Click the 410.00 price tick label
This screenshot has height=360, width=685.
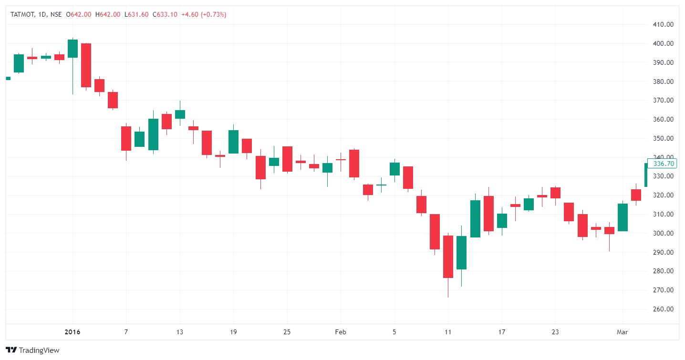pos(664,24)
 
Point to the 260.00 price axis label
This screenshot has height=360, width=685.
pos(664,309)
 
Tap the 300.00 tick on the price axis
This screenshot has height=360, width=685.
pos(664,233)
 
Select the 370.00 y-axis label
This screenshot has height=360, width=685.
pos(664,100)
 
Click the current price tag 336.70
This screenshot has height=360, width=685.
pos(663,164)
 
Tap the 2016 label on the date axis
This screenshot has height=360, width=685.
pos(73,332)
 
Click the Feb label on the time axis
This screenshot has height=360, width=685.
pos(341,332)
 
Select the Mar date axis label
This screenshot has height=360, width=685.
pos(623,332)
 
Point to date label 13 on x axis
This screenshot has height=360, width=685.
pos(180,332)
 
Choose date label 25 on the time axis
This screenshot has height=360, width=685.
pos(287,332)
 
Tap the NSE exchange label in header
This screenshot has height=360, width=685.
pos(56,14)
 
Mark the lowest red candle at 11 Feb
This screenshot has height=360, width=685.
pos(448,257)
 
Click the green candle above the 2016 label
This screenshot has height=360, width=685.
pos(73,49)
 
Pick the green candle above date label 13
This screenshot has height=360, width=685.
pos(180,114)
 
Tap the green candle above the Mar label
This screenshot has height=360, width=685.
pos(623,217)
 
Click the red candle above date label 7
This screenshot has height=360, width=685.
pos(126,138)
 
